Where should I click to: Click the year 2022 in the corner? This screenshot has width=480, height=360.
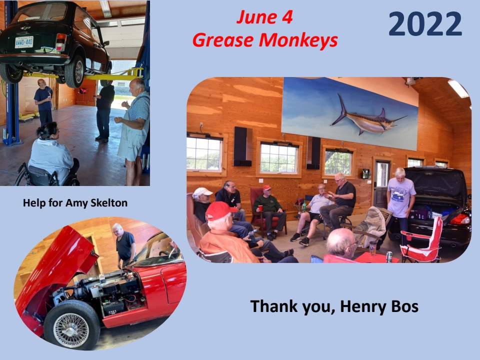coord(425,23)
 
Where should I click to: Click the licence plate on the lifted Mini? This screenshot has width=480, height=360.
coord(24,42)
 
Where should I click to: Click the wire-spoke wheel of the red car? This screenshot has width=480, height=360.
coord(71,325)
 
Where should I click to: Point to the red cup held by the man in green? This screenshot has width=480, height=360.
coord(260,208)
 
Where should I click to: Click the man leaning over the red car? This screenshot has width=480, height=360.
coord(125,245)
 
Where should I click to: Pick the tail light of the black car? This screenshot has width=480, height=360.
coord(460,219)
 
